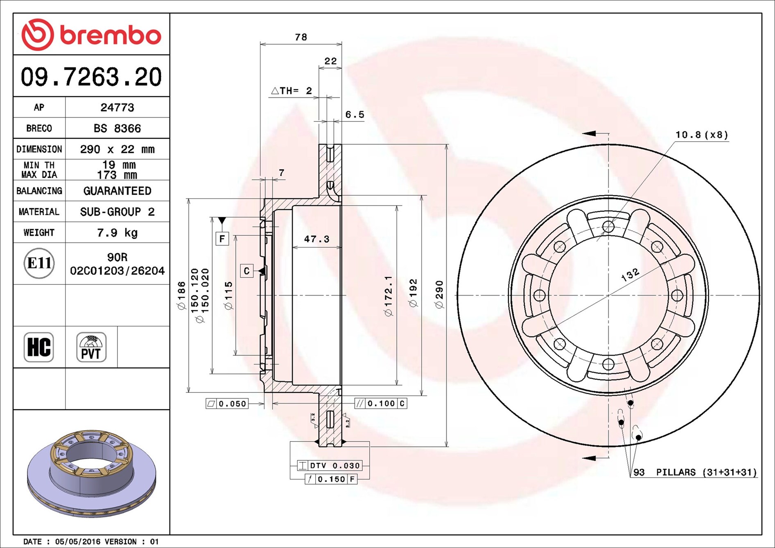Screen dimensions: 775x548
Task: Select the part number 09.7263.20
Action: click(x=91, y=77)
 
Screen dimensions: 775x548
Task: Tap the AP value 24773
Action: click(x=117, y=108)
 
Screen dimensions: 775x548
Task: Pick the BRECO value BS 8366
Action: click(x=117, y=129)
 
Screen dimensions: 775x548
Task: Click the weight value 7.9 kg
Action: click(x=117, y=233)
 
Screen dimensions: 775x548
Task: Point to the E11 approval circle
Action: click(x=39, y=263)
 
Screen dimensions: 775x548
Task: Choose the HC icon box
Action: click(x=39, y=347)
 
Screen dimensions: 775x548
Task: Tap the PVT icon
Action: click(x=91, y=347)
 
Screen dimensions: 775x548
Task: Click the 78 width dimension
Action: click(x=301, y=37)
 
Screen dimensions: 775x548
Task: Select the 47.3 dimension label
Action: click(x=316, y=239)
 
